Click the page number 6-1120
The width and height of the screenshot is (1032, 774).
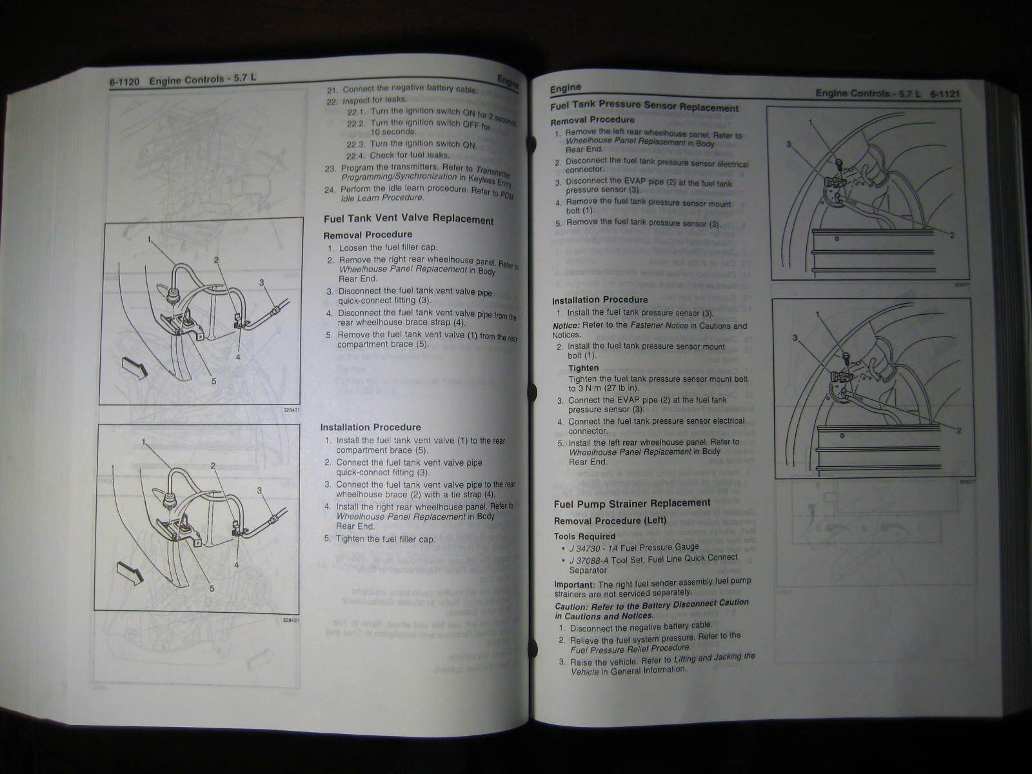pos(124,82)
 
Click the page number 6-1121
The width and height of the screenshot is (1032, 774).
pos(945,94)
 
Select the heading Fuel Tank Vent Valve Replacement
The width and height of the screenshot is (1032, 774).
pos(408,219)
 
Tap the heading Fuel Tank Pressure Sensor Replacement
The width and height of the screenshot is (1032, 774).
pos(644,106)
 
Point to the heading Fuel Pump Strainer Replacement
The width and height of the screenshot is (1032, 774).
pos(632,503)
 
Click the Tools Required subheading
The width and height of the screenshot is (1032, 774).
pos(584,536)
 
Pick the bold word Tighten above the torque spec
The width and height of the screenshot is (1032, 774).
pos(583,368)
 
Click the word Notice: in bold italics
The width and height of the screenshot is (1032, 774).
pos(566,326)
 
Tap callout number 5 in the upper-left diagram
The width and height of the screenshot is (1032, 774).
pos(213,381)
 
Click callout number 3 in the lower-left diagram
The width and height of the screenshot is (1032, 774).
pos(259,491)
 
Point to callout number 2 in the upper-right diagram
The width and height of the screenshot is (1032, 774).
pos(951,235)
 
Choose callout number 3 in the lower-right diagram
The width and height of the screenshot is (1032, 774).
pos(795,338)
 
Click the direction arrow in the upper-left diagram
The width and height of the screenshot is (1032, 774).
pos(136,371)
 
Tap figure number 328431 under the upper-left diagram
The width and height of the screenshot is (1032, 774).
pos(292,410)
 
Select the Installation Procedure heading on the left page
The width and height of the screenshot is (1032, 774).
pos(370,427)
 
